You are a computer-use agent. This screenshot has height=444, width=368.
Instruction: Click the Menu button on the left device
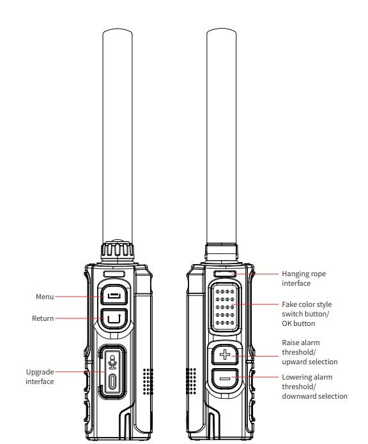[x=113, y=296]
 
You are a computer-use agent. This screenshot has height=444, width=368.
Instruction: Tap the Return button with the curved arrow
[x=113, y=317]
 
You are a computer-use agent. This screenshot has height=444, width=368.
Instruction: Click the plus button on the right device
[x=225, y=354]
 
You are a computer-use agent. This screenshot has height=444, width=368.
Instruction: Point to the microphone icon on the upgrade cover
[x=113, y=362]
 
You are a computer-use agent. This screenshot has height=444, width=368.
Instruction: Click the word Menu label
[x=45, y=297]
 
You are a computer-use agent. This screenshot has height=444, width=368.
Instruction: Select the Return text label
[x=43, y=318]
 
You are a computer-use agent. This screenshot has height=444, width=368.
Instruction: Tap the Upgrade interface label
[x=40, y=376]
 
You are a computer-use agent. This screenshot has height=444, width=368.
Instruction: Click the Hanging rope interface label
[x=303, y=278]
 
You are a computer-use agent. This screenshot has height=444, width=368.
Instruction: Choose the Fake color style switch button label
[x=307, y=314]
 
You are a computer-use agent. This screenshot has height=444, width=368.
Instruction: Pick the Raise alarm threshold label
[x=309, y=352]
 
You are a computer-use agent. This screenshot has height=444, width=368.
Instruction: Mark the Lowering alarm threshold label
[x=314, y=387]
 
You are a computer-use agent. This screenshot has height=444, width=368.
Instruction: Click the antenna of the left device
[x=118, y=134]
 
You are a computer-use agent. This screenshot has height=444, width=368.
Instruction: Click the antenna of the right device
[x=222, y=134]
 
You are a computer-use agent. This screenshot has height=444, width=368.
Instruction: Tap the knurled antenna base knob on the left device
[x=118, y=249]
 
